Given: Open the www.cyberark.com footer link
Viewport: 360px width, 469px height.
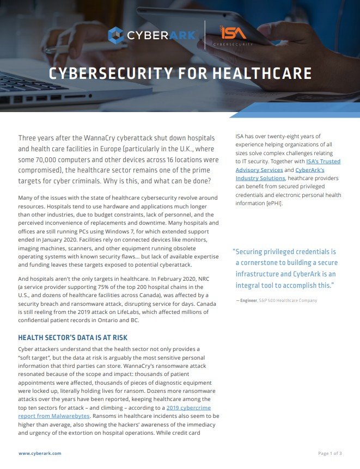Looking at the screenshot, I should point(40,453).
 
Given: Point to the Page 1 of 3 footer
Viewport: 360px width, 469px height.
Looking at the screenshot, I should point(330,453).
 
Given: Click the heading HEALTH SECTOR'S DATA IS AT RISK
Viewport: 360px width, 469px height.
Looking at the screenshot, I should point(72,337).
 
